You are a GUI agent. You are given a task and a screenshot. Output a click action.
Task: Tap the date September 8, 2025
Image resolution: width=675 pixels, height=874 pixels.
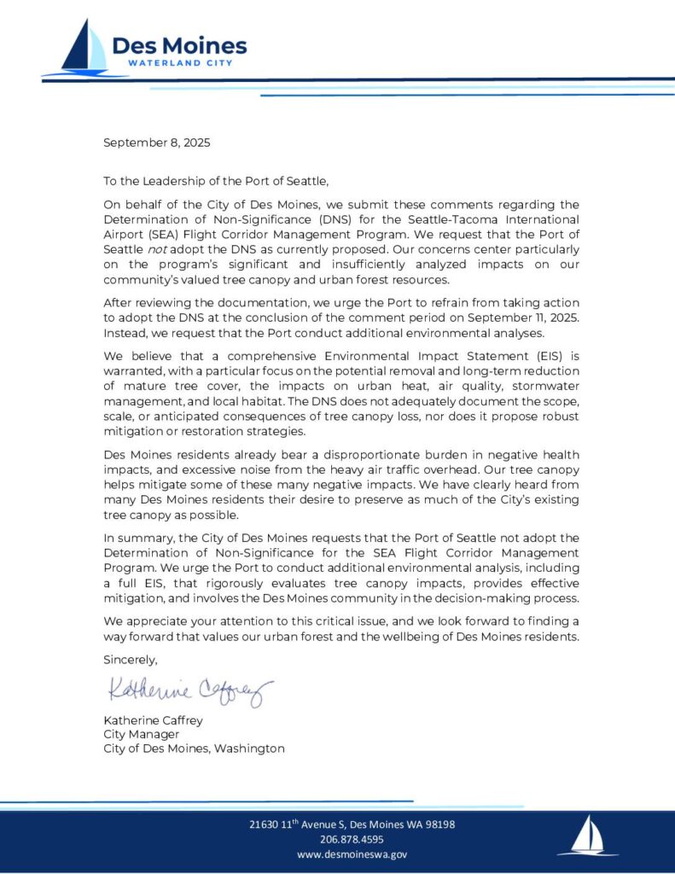(x=156, y=143)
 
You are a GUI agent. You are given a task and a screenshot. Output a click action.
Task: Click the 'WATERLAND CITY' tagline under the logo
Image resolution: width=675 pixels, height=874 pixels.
(x=180, y=63)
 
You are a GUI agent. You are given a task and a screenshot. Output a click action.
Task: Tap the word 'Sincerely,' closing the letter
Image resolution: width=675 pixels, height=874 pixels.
(x=131, y=659)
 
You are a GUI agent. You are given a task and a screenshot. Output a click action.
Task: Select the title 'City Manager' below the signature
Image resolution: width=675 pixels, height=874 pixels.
(x=141, y=734)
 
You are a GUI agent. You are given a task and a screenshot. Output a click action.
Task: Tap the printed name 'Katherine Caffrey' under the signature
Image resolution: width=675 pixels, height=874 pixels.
(x=153, y=720)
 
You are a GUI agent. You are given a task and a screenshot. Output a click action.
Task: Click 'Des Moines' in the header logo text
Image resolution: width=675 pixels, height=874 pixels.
(x=179, y=45)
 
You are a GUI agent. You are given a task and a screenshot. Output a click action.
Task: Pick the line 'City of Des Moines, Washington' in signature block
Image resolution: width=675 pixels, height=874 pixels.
(x=194, y=749)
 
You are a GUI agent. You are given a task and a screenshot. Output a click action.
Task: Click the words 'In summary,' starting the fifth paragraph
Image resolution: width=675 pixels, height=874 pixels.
(x=137, y=538)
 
